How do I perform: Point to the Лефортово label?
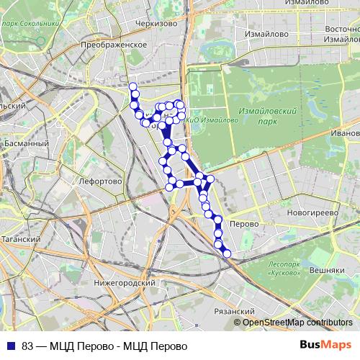click(x=102, y=182)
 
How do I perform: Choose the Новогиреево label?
click(x=312, y=213)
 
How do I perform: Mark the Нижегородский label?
click(x=123, y=283)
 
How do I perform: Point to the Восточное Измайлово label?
click(x=338, y=33)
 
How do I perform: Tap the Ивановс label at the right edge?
click(x=345, y=133)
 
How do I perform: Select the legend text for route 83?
click(x=104, y=346)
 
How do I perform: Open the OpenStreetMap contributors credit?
click(x=297, y=323)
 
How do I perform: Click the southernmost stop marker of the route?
click(x=227, y=253)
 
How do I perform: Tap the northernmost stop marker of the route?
click(x=132, y=87)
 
